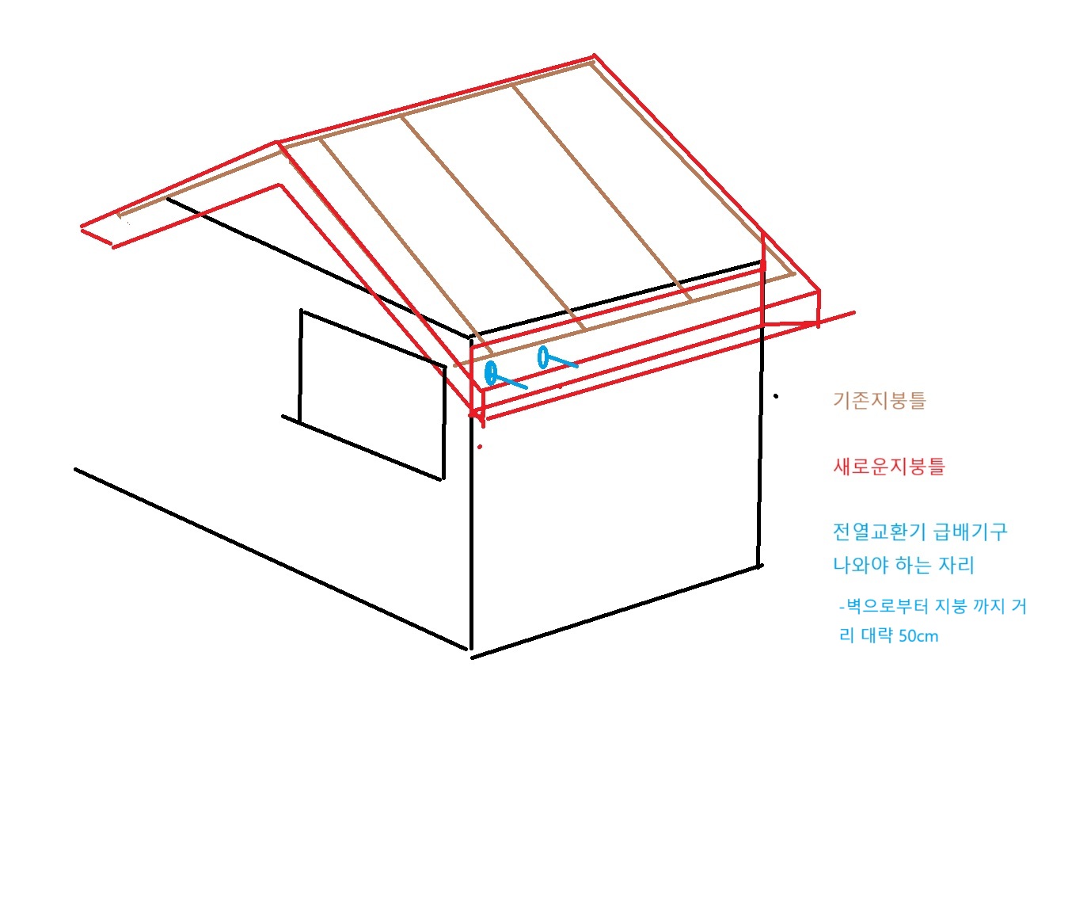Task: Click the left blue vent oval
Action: (x=491, y=372)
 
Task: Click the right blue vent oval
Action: (x=543, y=356)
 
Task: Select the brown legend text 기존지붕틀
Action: (x=879, y=400)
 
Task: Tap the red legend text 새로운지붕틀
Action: (x=889, y=466)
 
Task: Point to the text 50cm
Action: (x=918, y=636)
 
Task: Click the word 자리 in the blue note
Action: (x=956, y=566)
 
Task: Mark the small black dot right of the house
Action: (x=776, y=396)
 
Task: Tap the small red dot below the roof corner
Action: (x=480, y=448)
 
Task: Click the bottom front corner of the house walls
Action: (x=472, y=654)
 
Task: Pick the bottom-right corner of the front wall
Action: (x=759, y=566)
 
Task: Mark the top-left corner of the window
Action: (x=302, y=311)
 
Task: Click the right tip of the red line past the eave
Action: (x=853, y=313)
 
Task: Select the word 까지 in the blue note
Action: (x=988, y=607)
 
